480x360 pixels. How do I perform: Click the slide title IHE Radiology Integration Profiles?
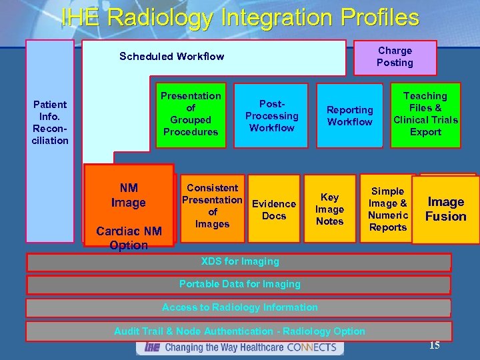tap(240, 17)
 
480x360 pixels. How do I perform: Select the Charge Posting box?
tap(395, 57)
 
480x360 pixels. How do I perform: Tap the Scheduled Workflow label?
tap(171, 57)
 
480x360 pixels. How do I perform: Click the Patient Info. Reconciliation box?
tap(50, 122)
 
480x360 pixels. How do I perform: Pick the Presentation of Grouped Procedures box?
tap(191, 114)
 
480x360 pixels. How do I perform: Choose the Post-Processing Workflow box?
tap(271, 115)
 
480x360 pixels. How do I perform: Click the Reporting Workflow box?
tap(349, 115)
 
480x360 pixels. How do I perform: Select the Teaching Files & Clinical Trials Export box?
tap(425, 114)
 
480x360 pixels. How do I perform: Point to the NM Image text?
tap(129, 195)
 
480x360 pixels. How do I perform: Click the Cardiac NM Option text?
tap(129, 238)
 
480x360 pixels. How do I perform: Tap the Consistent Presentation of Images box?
tap(212, 206)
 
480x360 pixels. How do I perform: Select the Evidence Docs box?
tap(273, 209)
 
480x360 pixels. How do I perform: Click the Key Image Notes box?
tap(329, 209)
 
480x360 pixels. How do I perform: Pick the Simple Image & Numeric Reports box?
tap(387, 209)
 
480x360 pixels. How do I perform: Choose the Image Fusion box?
tap(446, 209)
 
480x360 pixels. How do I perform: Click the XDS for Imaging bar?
tap(239, 261)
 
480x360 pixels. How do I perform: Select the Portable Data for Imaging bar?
tap(239, 285)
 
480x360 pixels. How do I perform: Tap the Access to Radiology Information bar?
tap(239, 307)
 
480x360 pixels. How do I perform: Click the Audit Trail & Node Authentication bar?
tap(239, 331)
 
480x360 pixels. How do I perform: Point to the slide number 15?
tap(434, 345)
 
